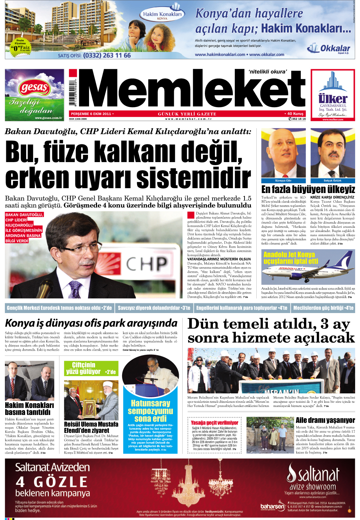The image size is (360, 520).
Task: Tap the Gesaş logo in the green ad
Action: coord(34,87)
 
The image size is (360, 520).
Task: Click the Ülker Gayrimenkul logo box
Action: coord(333,95)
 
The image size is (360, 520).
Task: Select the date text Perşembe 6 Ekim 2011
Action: coord(91,114)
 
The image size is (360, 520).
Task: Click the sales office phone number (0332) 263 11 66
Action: coord(107,55)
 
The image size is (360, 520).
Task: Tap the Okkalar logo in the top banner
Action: coord(329,48)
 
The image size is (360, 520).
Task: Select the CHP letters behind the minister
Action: coord(146,264)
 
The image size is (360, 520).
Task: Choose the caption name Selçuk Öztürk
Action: coord(332,181)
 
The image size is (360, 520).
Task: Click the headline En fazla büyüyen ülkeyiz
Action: coord(308,190)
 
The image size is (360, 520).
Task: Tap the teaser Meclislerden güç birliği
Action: coord(323,308)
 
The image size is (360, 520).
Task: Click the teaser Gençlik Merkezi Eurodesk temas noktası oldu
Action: coord(59,308)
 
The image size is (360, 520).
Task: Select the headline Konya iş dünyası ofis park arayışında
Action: coord(91,323)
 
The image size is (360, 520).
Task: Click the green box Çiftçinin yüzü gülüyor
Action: coord(91,368)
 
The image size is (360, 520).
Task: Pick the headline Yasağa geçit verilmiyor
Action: coord(214,423)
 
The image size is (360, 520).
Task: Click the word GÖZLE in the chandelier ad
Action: coord(61,482)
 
